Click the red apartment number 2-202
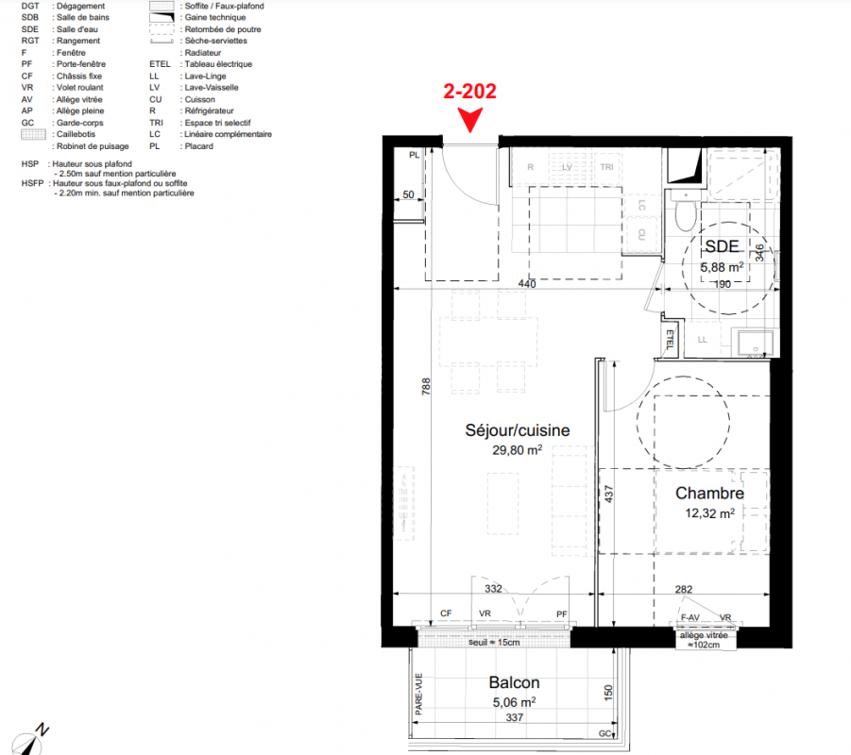tap(469, 92)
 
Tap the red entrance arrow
tap(470, 120)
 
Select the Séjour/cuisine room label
tap(518, 430)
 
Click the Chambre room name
tap(709, 493)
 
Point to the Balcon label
tap(514, 682)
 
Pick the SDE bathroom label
tap(722, 246)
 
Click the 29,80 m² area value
tap(518, 450)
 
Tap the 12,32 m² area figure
tap(710, 513)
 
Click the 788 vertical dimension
tap(426, 386)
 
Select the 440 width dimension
tap(527, 284)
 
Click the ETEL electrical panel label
tap(670, 339)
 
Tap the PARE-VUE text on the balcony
tap(418, 694)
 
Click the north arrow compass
tap(30, 739)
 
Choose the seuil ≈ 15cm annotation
tap(494, 642)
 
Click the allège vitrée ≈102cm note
tap(704, 640)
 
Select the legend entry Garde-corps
tap(79, 123)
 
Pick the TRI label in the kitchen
tap(606, 167)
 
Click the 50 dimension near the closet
tap(408, 194)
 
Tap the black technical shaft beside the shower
tap(684, 165)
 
